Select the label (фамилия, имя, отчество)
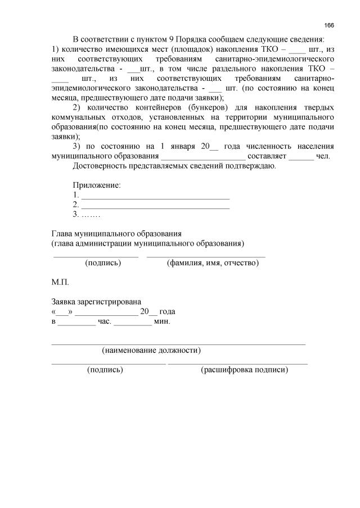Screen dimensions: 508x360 tap(213, 262)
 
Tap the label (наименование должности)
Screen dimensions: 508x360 tap(151, 351)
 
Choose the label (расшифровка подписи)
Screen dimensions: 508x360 tap(244, 370)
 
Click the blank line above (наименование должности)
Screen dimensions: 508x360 tap(178, 342)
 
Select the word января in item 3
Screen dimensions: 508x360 tap(177, 146)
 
